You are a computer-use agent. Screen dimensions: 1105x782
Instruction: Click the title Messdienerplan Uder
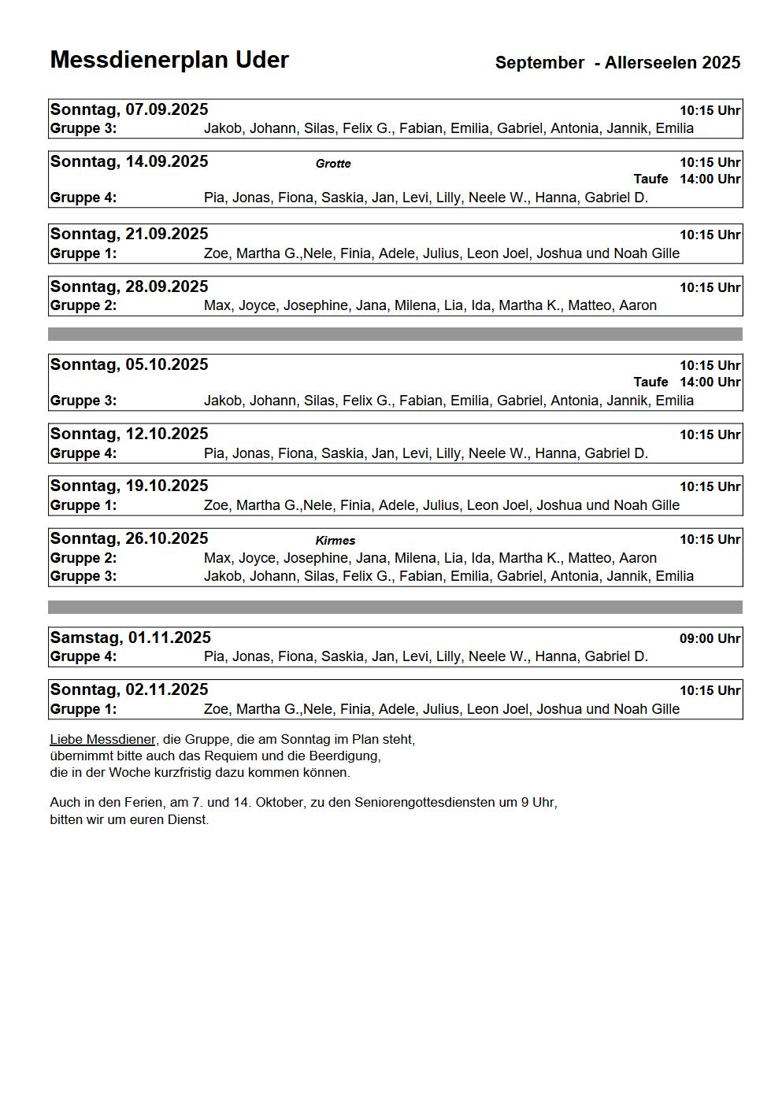click(x=169, y=60)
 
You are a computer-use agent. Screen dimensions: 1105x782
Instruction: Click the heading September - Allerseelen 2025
click(x=617, y=63)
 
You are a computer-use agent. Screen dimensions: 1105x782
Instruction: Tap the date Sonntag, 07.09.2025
click(x=129, y=109)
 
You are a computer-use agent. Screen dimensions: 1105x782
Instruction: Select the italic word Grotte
click(x=333, y=164)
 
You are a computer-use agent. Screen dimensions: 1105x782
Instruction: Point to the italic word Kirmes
click(x=335, y=541)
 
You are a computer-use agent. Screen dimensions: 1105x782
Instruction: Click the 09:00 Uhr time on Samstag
click(x=710, y=638)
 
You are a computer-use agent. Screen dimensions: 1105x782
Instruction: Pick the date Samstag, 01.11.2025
click(x=131, y=637)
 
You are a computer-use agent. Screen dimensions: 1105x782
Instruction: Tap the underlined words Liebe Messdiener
click(x=102, y=740)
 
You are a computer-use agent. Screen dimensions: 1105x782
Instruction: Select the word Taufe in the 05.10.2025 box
click(x=650, y=382)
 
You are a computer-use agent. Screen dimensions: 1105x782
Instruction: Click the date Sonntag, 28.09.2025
click(x=129, y=286)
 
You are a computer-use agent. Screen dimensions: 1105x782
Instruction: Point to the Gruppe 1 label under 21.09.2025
click(x=83, y=253)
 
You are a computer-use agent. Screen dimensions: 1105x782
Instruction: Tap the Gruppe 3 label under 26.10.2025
click(x=83, y=576)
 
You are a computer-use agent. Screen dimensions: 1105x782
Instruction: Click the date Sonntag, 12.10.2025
click(x=129, y=434)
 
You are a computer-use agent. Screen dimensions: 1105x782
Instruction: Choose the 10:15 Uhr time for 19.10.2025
click(x=710, y=487)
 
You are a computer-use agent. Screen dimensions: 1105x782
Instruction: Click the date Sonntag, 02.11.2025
click(x=129, y=689)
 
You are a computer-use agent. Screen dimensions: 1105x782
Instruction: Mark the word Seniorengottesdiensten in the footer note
click(x=424, y=803)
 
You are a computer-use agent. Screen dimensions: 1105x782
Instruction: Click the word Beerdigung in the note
click(x=347, y=756)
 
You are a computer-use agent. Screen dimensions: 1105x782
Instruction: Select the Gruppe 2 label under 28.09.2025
click(x=83, y=305)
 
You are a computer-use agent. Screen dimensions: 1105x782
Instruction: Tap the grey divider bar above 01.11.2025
click(x=395, y=607)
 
